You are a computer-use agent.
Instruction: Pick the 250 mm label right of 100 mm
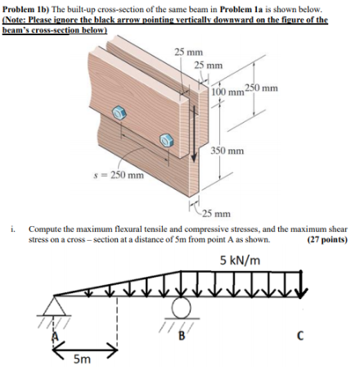262,88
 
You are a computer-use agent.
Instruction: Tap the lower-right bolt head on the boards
167,140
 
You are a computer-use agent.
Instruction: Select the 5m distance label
82,359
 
